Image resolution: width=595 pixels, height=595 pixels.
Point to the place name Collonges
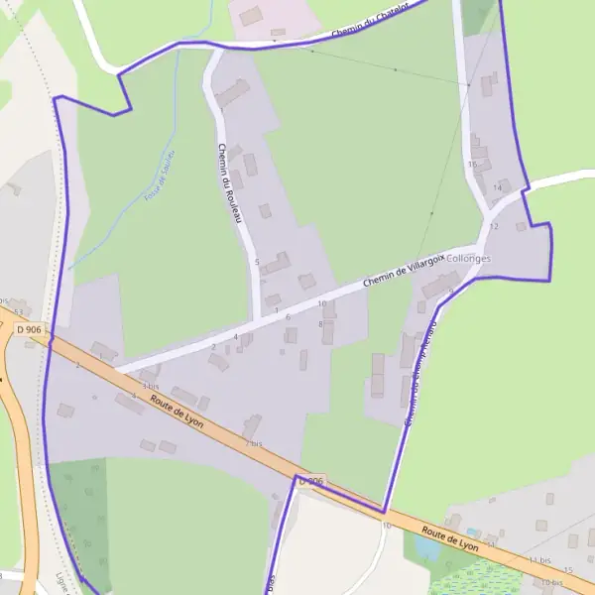coord(470,258)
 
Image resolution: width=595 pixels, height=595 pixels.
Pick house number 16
coord(473,164)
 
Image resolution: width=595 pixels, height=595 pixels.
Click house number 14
coord(497,187)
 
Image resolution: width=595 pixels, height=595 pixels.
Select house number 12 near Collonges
coord(494,227)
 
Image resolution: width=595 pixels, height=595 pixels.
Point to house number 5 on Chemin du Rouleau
coord(257,262)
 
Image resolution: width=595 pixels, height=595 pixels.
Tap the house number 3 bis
coord(151,385)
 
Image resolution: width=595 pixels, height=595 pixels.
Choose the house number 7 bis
coord(254,442)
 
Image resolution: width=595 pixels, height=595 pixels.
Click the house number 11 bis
coord(539,561)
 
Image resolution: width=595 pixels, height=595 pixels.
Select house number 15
coord(568,570)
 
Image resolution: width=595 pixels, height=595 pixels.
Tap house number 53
coord(18,312)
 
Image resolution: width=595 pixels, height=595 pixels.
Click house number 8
coord(320,324)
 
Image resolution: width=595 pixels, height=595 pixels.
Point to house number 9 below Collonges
coord(450,291)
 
